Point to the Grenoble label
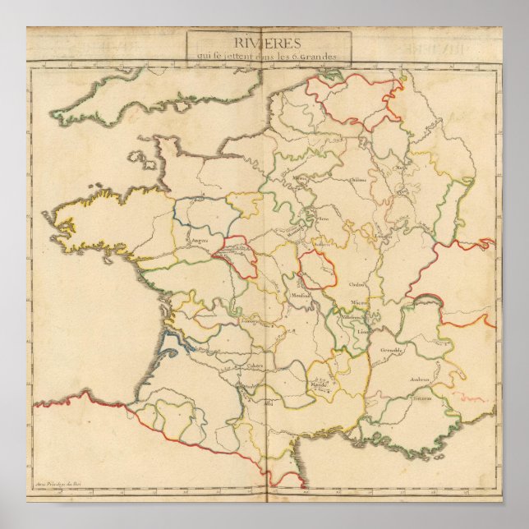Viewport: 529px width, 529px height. click(x=391, y=348)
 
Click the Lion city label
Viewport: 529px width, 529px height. click(x=363, y=331)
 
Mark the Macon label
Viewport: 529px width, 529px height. click(x=359, y=303)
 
